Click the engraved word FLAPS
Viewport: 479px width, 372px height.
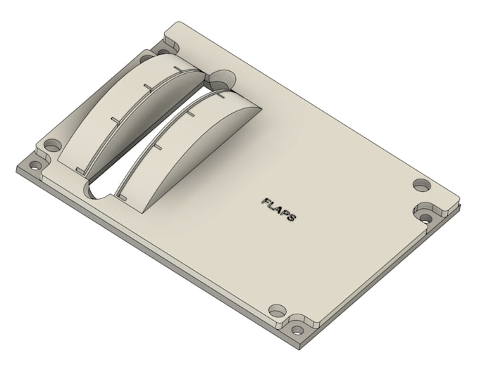[279, 209]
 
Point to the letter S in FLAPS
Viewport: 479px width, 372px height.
[292, 217]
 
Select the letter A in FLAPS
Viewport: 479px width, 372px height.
[279, 209]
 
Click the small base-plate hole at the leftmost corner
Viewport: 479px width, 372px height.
[36, 166]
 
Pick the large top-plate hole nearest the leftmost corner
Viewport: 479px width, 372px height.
[53, 145]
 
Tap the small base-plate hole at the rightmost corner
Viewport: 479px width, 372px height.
[425, 218]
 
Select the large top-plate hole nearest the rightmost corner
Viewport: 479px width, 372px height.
[422, 185]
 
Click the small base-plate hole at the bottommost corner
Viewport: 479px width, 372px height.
[297, 330]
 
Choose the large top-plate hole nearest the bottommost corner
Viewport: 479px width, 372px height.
[278, 311]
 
